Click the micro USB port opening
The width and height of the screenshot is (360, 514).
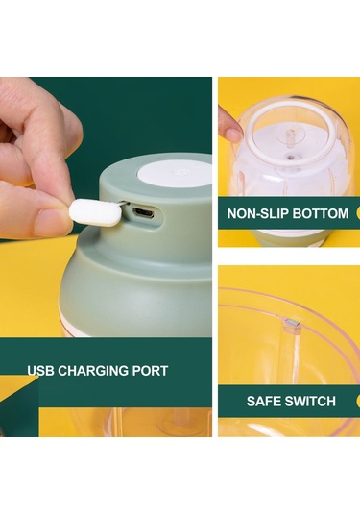click(143, 213)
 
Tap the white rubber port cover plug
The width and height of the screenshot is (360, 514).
click(95, 212)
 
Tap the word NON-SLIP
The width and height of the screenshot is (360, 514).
click(257, 213)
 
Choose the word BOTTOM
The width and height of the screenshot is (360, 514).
click(321, 213)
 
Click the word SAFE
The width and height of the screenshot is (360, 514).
click(262, 402)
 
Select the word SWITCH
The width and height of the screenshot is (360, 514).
click(309, 402)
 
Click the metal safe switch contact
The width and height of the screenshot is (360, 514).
click(292, 323)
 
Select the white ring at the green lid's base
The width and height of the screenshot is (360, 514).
click(75, 330)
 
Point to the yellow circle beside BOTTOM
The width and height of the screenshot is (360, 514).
click(358, 213)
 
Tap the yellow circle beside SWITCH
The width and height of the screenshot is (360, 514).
click(358, 402)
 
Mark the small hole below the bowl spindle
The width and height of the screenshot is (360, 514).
click(290, 157)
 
